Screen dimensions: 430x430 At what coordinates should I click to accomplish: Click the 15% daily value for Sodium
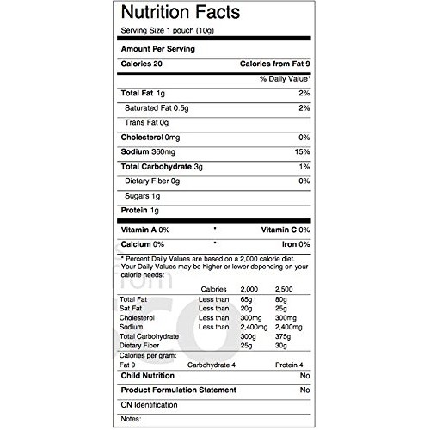tap(303, 151)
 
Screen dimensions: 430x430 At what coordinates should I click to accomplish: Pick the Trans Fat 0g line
tap(149, 122)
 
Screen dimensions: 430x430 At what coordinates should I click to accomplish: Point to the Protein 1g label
tap(140, 210)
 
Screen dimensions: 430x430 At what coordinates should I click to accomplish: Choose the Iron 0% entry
tap(292, 244)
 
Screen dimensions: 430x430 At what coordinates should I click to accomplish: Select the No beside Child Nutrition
tap(304, 377)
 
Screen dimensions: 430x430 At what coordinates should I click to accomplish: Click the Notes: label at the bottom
tap(130, 419)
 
